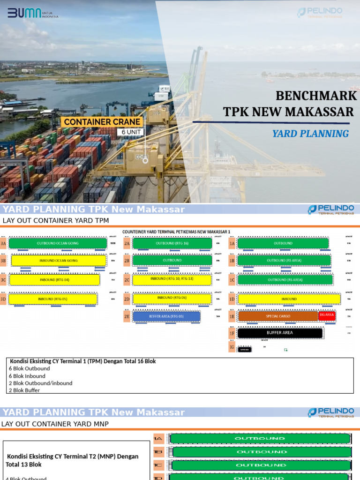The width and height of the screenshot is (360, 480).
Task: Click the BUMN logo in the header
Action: click(x=33, y=13)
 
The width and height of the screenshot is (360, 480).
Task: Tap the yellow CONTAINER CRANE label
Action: click(x=102, y=122)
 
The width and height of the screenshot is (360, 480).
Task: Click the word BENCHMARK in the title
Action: click(x=316, y=96)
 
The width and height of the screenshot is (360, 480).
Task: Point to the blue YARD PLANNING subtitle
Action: click(x=310, y=134)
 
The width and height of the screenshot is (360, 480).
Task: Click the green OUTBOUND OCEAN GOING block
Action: click(x=58, y=243)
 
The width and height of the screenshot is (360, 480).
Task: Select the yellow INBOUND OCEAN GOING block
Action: click(x=59, y=261)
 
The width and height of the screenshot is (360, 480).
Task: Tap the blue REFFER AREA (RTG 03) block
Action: click(x=167, y=316)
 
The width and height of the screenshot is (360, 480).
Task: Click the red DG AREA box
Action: click(x=327, y=315)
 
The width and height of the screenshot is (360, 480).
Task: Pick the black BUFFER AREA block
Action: click(x=280, y=333)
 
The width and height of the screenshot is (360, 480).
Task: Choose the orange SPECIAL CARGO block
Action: click(x=278, y=316)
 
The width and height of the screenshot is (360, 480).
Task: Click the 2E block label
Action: click(x=127, y=316)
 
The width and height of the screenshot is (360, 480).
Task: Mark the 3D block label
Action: click(x=4, y=299)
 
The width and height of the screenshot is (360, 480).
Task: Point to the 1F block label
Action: click(x=232, y=333)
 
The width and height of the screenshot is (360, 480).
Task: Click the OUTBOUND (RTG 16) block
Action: click(x=172, y=243)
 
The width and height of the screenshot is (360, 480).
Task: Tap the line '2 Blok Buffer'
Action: click(x=24, y=390)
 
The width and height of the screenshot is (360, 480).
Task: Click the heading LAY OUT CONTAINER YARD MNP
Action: click(x=55, y=424)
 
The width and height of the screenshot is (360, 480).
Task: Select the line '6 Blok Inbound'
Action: click(x=27, y=376)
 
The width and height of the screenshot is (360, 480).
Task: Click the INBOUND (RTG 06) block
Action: click(x=172, y=298)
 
